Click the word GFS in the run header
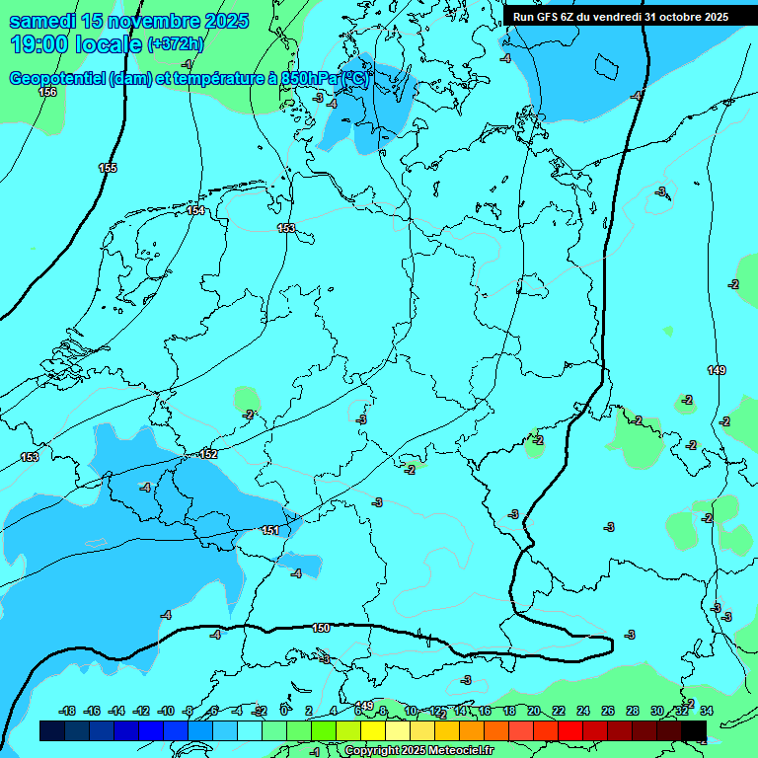tap(549, 17)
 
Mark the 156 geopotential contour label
tap(47, 92)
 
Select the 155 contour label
tap(108, 169)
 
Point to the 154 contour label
tap(195, 210)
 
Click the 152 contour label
tap(208, 454)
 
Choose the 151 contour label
tap(270, 531)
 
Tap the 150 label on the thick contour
tap(321, 628)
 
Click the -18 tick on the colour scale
tap(67, 711)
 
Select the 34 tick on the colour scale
tap(707, 711)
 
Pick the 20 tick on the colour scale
tap(534, 711)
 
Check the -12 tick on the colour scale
tap(141, 711)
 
